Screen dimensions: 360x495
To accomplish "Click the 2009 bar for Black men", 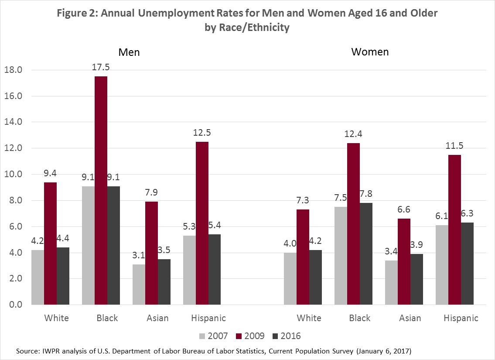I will (x=101, y=191).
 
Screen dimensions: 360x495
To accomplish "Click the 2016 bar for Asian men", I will (x=164, y=282).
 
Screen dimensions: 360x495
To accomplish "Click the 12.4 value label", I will (x=354, y=134).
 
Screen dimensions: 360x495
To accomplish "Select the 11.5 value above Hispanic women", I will (x=455, y=146).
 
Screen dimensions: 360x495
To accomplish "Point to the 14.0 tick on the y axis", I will (x=13, y=122).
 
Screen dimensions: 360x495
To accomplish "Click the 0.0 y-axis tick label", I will (x=13, y=305).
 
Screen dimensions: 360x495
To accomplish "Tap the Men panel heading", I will (x=130, y=52).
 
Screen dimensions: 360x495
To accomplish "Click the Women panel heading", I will (x=370, y=52).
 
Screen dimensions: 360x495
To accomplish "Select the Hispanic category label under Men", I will (x=208, y=318).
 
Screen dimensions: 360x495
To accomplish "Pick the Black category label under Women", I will (x=360, y=318).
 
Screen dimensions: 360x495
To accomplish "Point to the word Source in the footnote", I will (x=27, y=351).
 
